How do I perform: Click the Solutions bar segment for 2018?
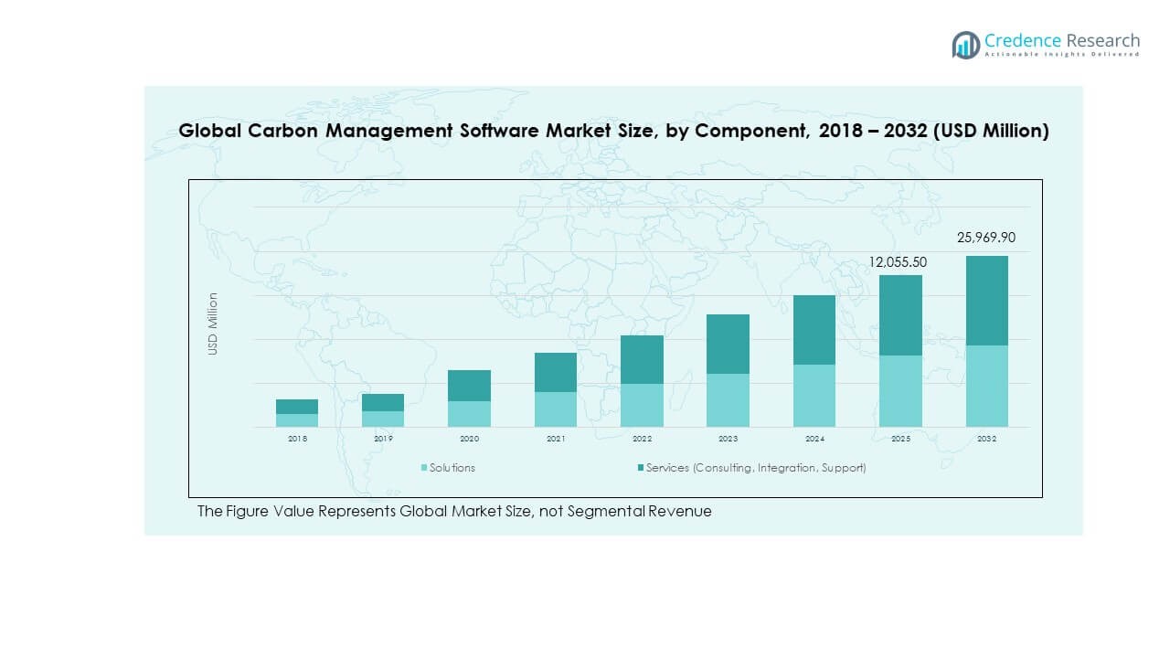297,420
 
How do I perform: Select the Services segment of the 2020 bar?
469,386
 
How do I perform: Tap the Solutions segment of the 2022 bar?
642,405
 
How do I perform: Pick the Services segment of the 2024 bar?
814,330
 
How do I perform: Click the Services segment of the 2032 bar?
986,301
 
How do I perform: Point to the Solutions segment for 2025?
900,391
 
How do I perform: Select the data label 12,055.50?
898,262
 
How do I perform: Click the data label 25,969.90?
986,238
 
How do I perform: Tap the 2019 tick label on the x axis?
383,439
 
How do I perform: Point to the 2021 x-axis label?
556,439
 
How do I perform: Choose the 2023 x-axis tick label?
728,439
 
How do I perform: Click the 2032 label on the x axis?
986,439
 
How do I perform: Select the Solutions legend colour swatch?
424,468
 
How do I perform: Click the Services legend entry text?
756,468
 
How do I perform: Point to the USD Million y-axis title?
213,324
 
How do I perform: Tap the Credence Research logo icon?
965,45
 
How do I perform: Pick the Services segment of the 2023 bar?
728,344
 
